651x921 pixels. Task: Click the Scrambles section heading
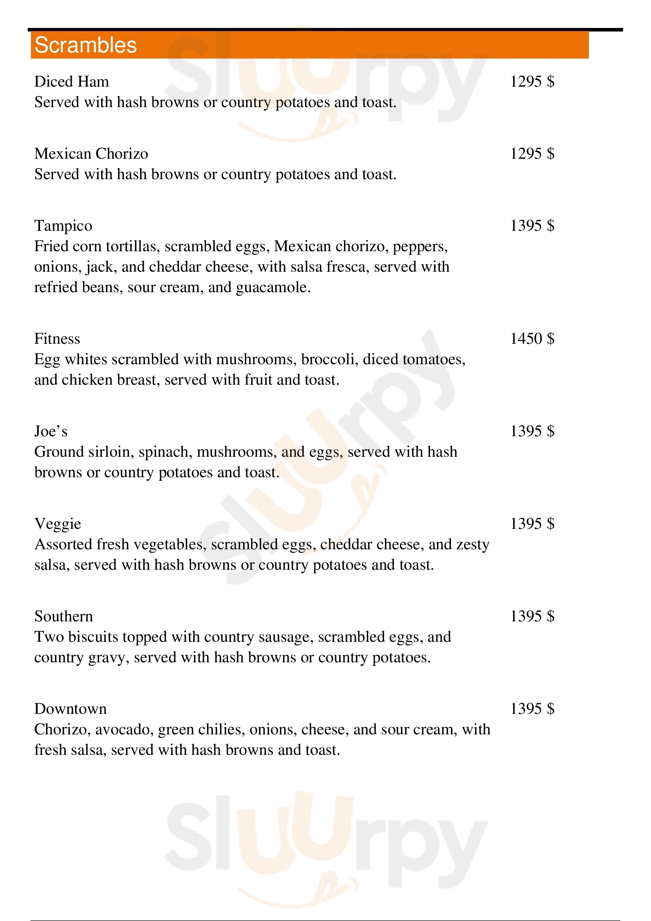[x=86, y=45]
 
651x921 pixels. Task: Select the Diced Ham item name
[x=71, y=82]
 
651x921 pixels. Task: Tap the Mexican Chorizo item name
[x=91, y=154]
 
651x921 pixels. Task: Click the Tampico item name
[x=63, y=226]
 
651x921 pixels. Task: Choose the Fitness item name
[x=57, y=339]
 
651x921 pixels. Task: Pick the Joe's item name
[x=50, y=431]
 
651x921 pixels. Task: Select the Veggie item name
[x=58, y=524]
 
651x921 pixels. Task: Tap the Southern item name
[x=63, y=617]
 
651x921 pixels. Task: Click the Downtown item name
[x=70, y=709]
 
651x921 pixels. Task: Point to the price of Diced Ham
[x=532, y=82]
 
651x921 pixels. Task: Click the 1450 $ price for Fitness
[x=532, y=339]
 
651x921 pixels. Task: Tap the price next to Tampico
[x=532, y=226]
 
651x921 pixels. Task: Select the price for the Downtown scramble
[x=532, y=709]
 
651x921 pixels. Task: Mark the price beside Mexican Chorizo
[x=532, y=154]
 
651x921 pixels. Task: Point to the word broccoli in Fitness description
[x=329, y=360]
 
